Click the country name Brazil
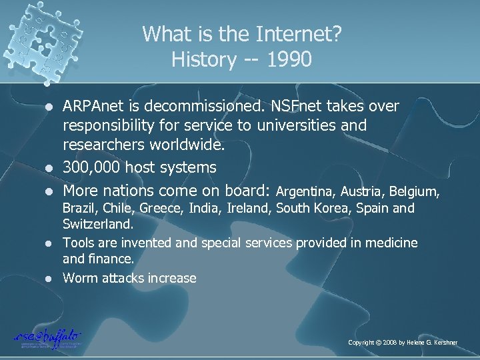(78, 209)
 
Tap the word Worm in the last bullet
(79, 277)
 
